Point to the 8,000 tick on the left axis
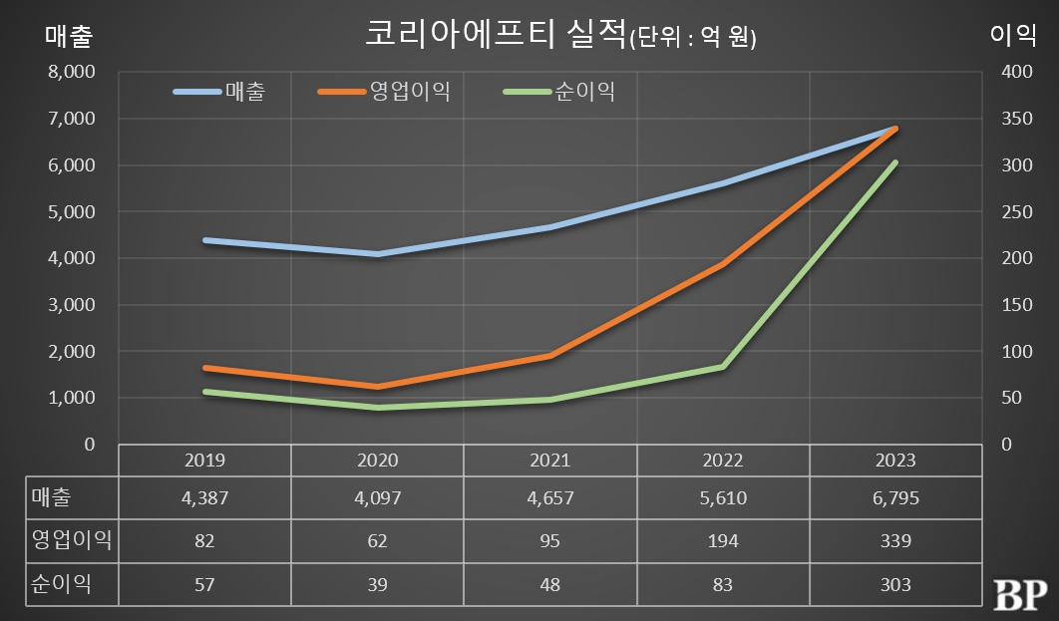[x=72, y=72]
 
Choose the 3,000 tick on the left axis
[x=72, y=305]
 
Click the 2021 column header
[x=549, y=461]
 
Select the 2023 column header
[x=894, y=461]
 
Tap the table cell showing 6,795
[x=895, y=498]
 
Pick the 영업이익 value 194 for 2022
[x=723, y=541]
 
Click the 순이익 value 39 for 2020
[x=378, y=585]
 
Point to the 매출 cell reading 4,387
[x=205, y=498]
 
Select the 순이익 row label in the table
[x=61, y=584]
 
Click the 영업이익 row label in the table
[x=70, y=540]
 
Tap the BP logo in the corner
[x=1020, y=594]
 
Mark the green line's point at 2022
[x=723, y=367]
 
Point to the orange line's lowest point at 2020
[x=378, y=387]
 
